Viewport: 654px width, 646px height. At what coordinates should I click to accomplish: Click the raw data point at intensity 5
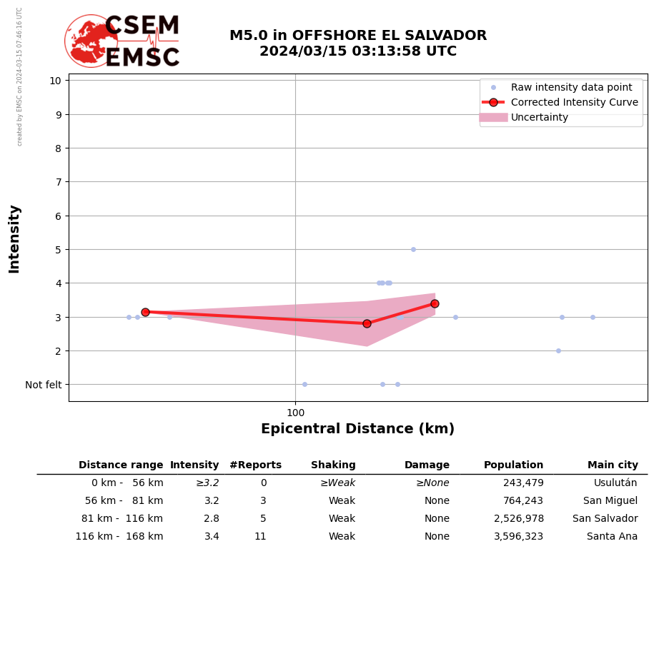click(x=413, y=249)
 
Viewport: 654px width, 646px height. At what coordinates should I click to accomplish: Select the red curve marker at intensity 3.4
click(x=435, y=303)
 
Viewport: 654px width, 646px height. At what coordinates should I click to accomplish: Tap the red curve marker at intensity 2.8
click(x=367, y=323)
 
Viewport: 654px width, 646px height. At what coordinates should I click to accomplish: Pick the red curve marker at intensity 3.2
click(x=145, y=312)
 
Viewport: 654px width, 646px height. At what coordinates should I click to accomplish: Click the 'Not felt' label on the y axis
click(x=44, y=385)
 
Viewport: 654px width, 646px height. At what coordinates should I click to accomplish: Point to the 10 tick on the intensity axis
click(x=55, y=81)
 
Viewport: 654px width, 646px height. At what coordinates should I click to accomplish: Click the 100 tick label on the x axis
click(x=295, y=413)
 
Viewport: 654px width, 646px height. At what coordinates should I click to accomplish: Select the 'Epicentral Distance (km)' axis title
click(x=357, y=429)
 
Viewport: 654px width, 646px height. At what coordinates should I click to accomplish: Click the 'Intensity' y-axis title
click(x=14, y=238)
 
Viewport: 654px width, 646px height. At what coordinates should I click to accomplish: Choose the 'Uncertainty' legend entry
click(x=540, y=118)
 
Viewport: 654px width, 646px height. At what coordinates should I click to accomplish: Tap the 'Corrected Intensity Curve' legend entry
click(x=574, y=102)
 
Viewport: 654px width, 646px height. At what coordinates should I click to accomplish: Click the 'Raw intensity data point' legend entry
click(x=571, y=87)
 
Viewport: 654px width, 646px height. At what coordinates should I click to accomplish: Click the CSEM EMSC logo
click(x=122, y=41)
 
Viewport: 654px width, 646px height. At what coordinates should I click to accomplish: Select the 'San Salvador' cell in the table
click(x=605, y=519)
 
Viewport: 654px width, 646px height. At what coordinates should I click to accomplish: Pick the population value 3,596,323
click(x=518, y=537)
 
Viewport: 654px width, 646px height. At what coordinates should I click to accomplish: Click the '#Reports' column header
click(x=255, y=465)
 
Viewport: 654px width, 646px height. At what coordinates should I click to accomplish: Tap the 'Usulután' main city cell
click(x=615, y=483)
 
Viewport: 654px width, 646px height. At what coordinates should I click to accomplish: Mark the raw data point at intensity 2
click(x=558, y=350)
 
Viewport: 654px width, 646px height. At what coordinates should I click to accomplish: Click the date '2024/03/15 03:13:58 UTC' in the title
click(x=357, y=51)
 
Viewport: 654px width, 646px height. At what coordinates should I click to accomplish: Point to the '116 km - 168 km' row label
click(x=119, y=537)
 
